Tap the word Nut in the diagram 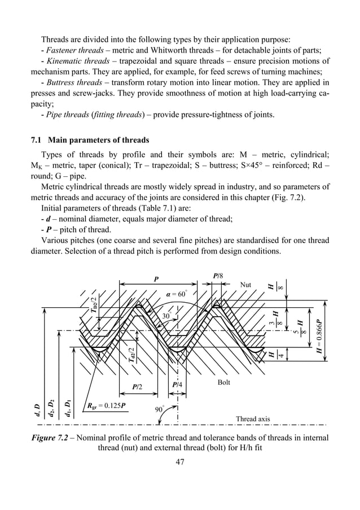(245, 285)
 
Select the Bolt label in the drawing (225, 383)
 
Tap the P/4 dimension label (177, 385)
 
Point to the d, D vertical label (38, 408)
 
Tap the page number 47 (180, 462)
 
